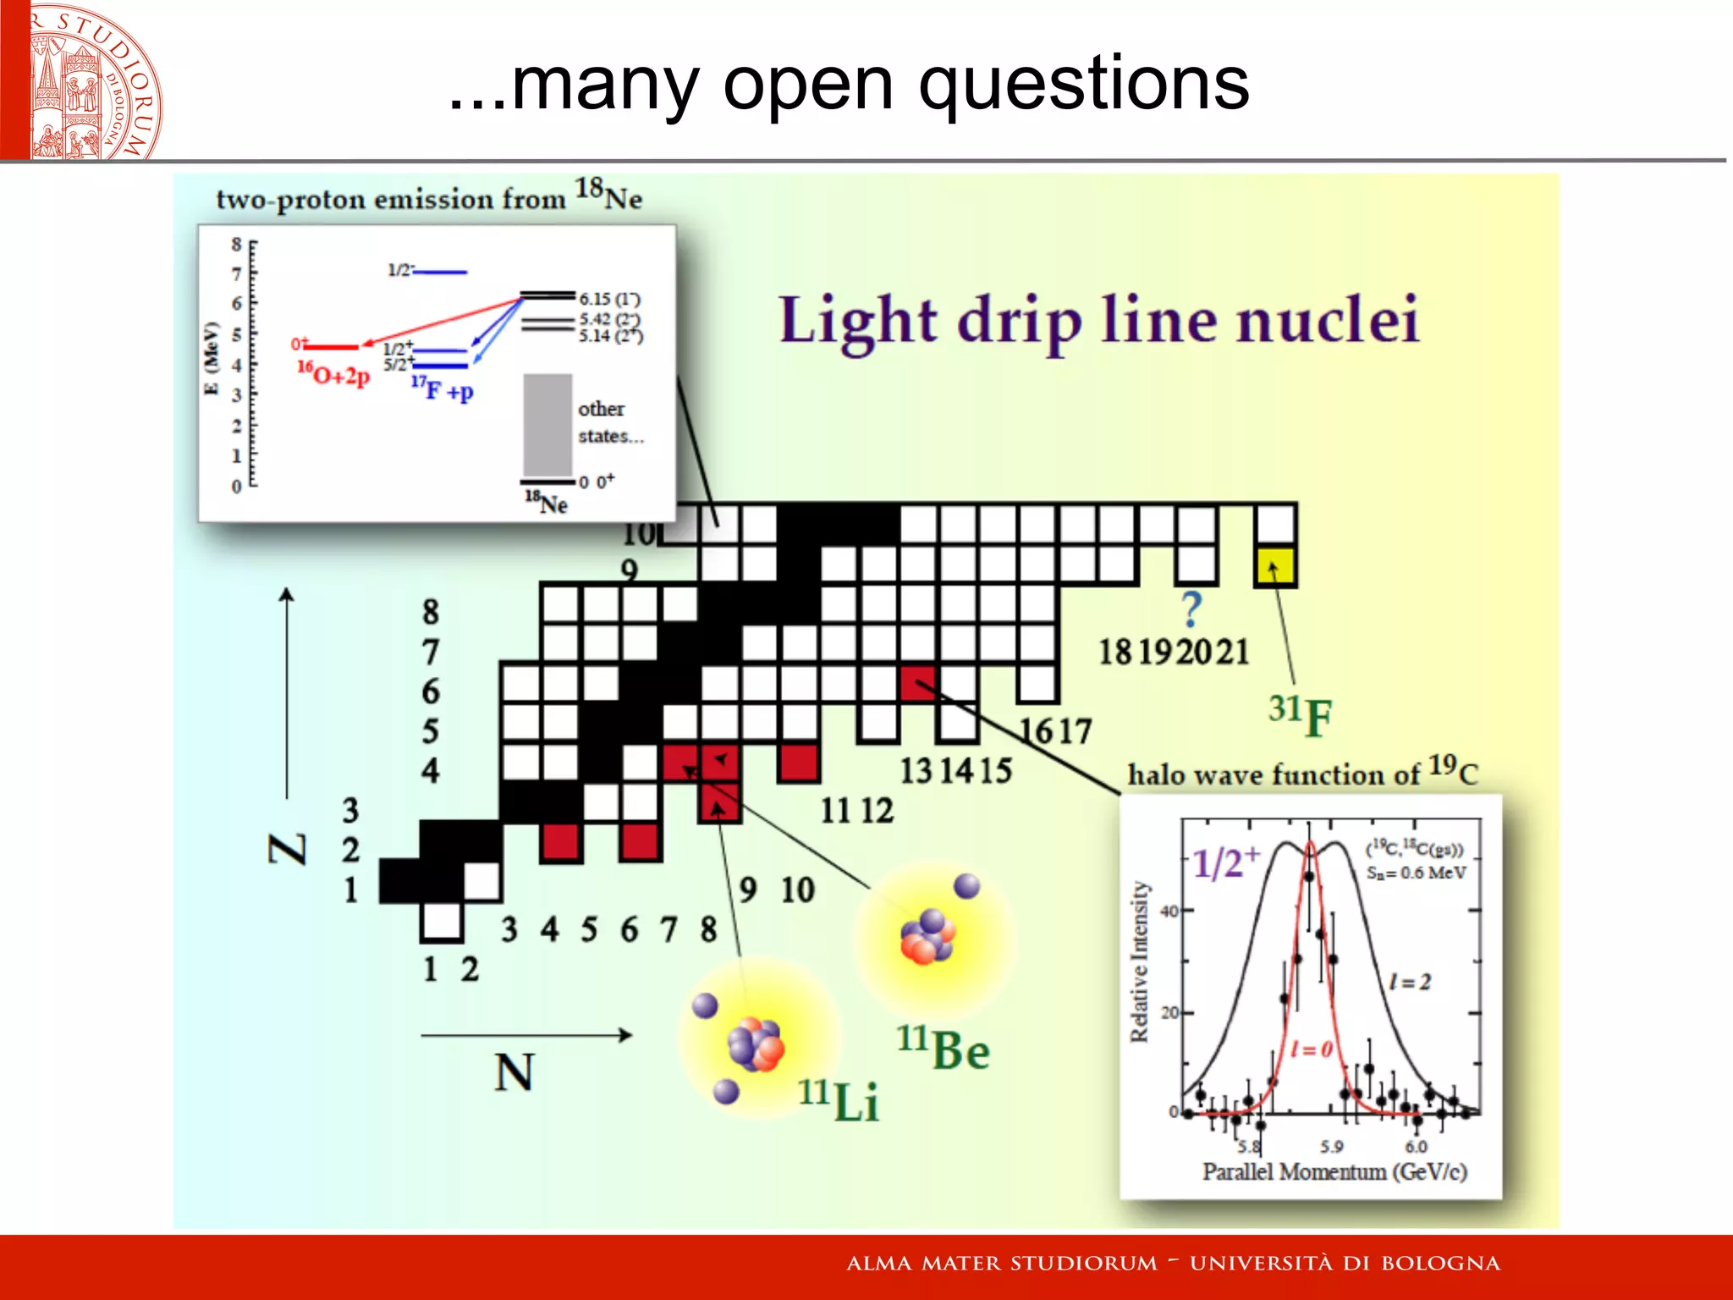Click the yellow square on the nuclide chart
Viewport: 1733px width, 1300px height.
click(x=1275, y=566)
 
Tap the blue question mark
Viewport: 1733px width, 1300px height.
click(x=1191, y=609)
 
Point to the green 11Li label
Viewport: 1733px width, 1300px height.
click(x=839, y=1099)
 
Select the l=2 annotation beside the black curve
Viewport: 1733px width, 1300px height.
click(x=1410, y=982)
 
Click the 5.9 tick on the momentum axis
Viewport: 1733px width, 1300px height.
click(x=1331, y=1147)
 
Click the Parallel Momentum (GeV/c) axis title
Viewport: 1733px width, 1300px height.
click(x=1334, y=1172)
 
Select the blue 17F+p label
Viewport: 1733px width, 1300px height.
click(x=442, y=388)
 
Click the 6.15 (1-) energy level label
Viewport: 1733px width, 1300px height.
click(x=609, y=299)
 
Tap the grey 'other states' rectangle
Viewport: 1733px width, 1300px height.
click(x=547, y=425)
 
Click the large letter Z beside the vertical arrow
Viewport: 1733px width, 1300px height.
click(x=288, y=849)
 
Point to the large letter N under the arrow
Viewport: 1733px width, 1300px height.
click(x=514, y=1072)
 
